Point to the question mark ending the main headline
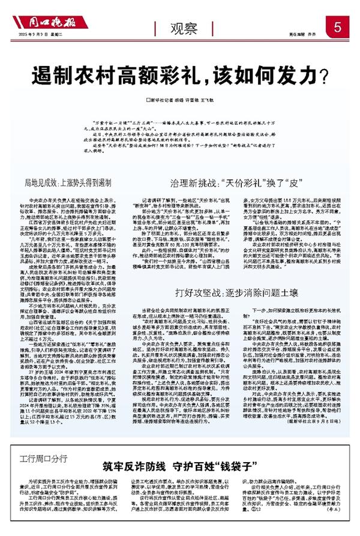(x=323, y=75)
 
